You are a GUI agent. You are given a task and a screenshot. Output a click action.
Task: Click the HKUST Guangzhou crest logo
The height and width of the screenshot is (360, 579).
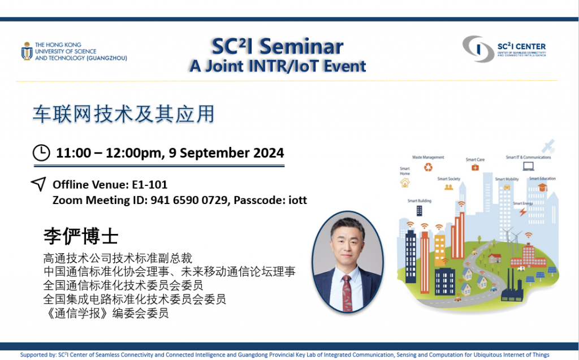tap(27, 51)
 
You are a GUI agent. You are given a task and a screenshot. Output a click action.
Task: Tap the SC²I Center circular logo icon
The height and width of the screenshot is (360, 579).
tap(478, 49)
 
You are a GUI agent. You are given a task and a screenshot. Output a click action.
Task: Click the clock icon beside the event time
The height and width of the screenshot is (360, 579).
tap(42, 153)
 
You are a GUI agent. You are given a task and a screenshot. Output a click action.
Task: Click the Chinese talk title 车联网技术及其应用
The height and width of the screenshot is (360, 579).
tap(123, 114)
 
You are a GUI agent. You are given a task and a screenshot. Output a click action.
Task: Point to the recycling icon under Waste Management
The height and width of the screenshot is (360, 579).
tap(429, 167)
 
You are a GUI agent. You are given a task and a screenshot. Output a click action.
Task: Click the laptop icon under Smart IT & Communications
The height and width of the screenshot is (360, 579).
tap(528, 166)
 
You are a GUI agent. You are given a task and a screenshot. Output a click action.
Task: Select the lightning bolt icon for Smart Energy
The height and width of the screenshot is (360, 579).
tap(523, 212)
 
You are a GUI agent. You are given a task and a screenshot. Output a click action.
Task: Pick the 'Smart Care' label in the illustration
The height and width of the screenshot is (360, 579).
tap(475, 159)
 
